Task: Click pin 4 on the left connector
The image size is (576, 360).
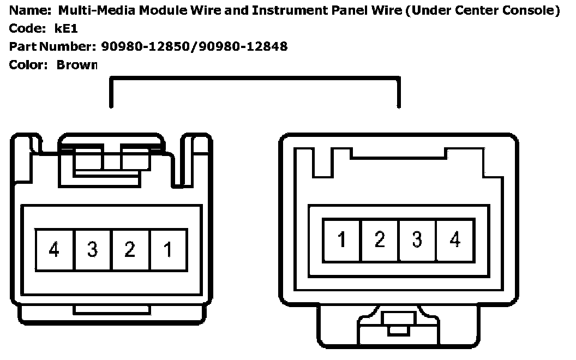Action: [x=55, y=250]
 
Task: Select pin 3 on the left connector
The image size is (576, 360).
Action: [x=92, y=250]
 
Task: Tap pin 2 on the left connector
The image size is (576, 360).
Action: [x=130, y=250]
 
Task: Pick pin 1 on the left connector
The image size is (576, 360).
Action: [x=168, y=250]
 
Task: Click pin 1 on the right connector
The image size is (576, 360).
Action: [x=341, y=239]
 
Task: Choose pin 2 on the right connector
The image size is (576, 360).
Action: [x=380, y=239]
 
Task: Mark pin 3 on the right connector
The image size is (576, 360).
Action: [x=417, y=239]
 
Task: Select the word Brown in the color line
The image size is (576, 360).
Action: [x=77, y=65]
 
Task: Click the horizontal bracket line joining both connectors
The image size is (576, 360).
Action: [x=255, y=79]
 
